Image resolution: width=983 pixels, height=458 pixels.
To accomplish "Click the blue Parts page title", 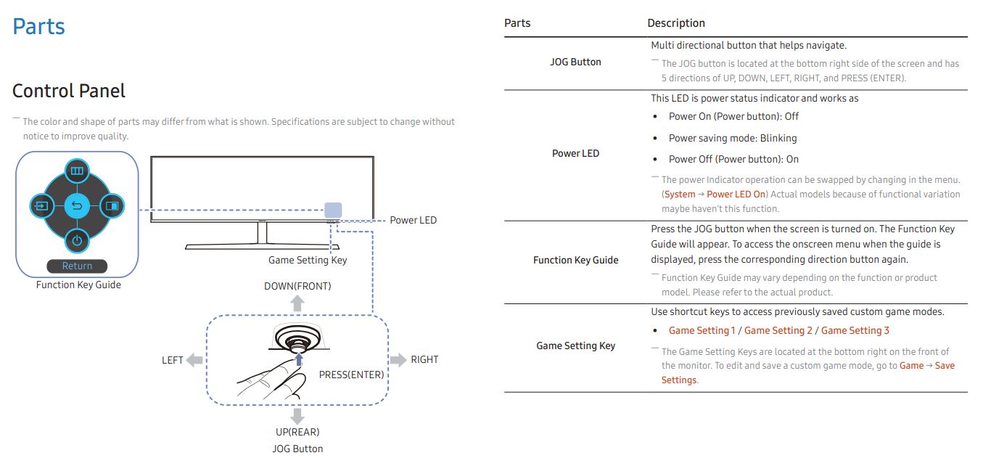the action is [38, 26].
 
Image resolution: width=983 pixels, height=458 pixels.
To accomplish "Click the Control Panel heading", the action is [68, 91].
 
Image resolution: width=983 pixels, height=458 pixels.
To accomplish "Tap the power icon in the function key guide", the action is [77, 241].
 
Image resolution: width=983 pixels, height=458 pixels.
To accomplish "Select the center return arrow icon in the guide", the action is [77, 205].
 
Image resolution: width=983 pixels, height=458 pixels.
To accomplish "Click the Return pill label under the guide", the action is [77, 266].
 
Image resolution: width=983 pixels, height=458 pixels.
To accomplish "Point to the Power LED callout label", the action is [413, 220].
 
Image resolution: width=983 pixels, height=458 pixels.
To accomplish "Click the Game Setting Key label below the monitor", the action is [308, 260].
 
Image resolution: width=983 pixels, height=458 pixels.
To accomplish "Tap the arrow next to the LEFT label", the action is [194, 360].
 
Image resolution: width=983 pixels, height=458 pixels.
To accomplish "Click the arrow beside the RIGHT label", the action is [398, 359].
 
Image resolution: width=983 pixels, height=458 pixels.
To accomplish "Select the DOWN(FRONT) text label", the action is [297, 286].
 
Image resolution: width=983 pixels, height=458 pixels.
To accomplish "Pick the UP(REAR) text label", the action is [297, 432].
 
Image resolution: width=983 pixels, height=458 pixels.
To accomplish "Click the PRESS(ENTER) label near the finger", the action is [351, 375].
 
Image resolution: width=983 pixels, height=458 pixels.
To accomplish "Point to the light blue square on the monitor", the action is [333, 210].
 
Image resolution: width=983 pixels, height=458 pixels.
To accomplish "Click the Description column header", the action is [676, 23].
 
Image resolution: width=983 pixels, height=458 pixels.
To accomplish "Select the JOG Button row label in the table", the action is [575, 62].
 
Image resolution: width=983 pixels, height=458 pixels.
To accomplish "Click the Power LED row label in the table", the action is [575, 153].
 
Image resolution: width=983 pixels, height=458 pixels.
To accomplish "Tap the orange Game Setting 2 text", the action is [778, 331].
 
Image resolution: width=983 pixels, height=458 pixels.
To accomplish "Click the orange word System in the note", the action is [680, 194].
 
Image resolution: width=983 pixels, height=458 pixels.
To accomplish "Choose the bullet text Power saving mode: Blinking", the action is [733, 138].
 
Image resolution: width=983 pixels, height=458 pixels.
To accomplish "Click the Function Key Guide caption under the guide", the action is [78, 285].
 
